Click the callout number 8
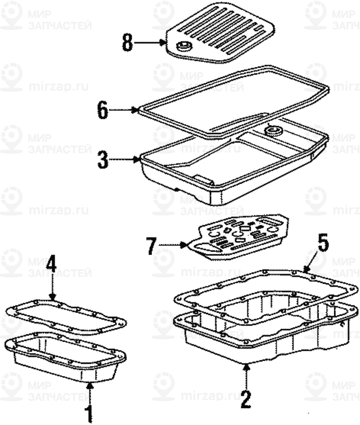pyautogui.click(x=127, y=43)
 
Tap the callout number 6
pyautogui.click(x=103, y=110)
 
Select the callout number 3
pyautogui.click(x=103, y=160)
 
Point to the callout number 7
pyautogui.click(x=151, y=245)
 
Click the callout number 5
pyautogui.click(x=323, y=242)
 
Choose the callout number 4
pyautogui.click(x=51, y=264)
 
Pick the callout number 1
pyautogui.click(x=89, y=413)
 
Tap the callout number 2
pyautogui.click(x=246, y=399)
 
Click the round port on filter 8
pyautogui.click(x=183, y=46)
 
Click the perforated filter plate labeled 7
pyautogui.click(x=238, y=236)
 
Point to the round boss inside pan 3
pyautogui.click(x=273, y=131)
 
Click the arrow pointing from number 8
pyautogui.click(x=150, y=43)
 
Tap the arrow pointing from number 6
pyautogui.click(x=124, y=110)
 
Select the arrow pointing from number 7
pyautogui.click(x=173, y=245)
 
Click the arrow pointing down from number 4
pyautogui.click(x=52, y=287)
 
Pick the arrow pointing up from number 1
pyautogui.click(x=90, y=392)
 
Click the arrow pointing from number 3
pyautogui.click(x=124, y=160)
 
